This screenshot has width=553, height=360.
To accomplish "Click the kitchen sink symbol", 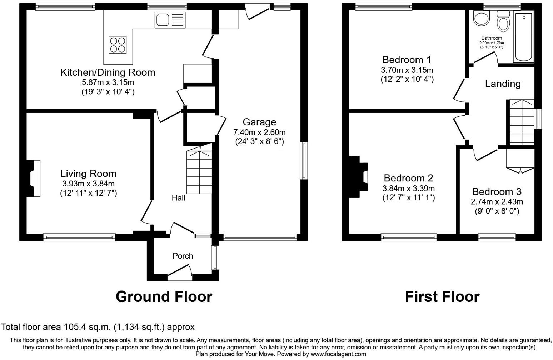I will coord(170,20).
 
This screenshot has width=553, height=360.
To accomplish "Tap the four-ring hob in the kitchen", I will coord(118,45).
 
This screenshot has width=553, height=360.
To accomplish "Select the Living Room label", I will coord(88,174).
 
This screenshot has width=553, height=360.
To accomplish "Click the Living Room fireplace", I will coord(34,178).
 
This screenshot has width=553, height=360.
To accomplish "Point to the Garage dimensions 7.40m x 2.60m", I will coord(259,132).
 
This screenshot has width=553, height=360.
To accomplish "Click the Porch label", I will coord(183,256).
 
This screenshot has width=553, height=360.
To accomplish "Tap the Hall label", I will coord(178,198).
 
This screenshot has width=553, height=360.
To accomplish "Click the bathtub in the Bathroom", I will coord(523,36).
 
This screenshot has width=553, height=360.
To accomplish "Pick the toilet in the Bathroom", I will coord(503,21).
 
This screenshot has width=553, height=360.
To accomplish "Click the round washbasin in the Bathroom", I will coord(481,19).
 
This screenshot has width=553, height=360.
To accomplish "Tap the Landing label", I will coord(503,84).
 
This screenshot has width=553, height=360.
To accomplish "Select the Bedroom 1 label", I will coord(407,60).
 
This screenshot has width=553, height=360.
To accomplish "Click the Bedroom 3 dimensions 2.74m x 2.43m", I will coord(497,202).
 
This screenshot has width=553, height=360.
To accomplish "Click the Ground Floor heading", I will coord(164,297).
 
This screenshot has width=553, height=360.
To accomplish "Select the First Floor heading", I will coord(442,297).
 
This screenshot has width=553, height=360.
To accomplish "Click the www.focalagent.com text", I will coord(338,354).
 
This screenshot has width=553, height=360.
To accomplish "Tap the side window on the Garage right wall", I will coord(303,161).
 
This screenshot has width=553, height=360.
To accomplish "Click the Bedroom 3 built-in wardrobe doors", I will coord(520,170).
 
